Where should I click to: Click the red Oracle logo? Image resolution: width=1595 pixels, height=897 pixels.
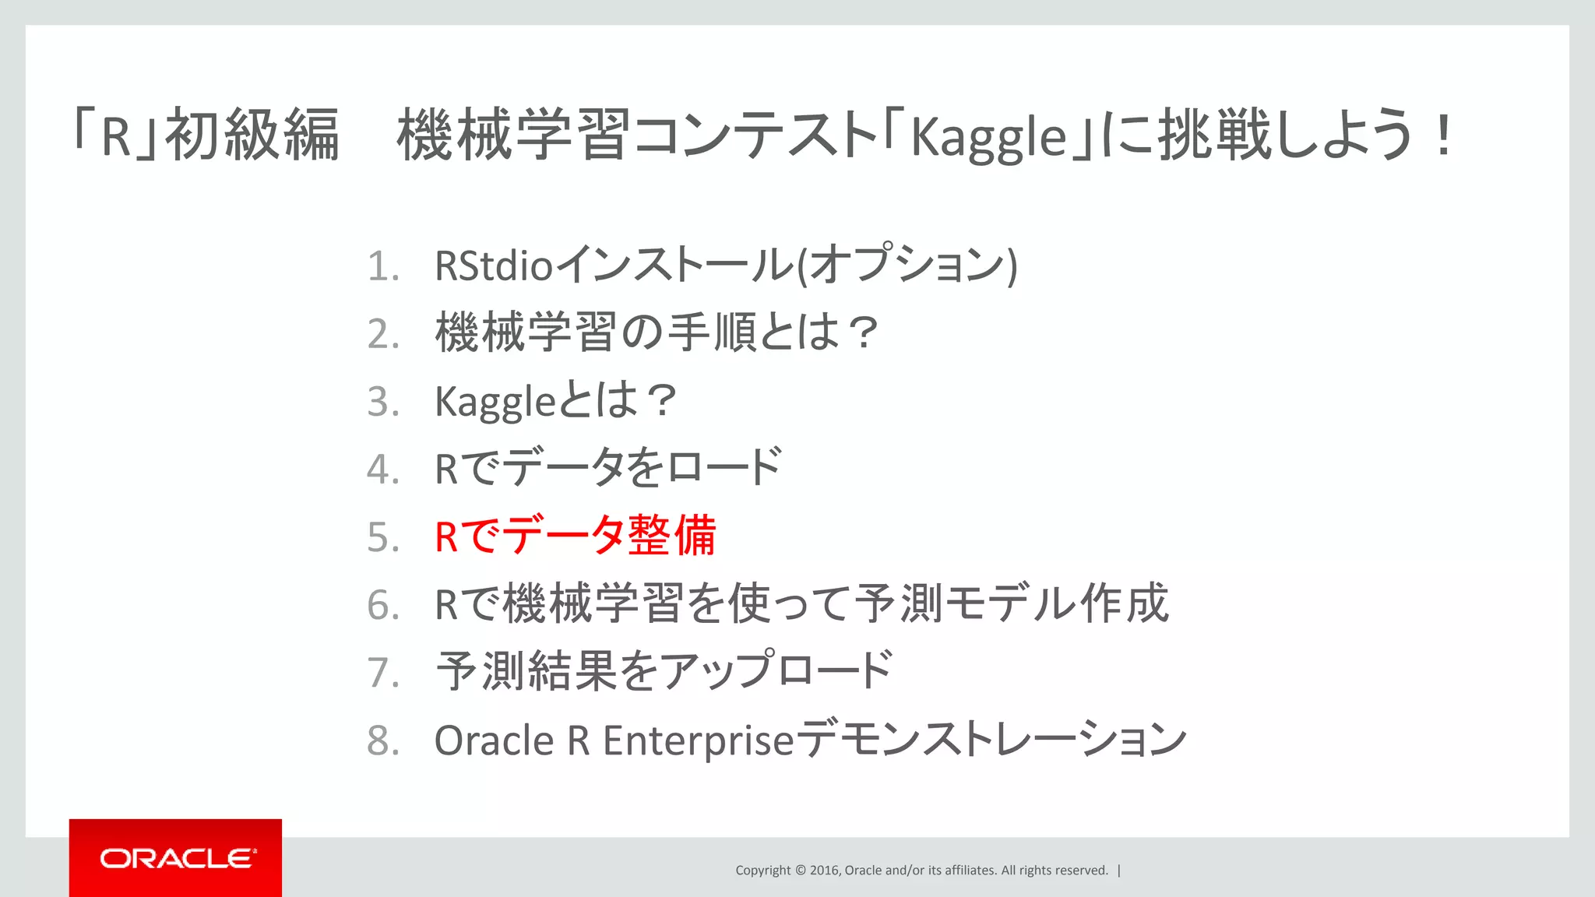[175, 858]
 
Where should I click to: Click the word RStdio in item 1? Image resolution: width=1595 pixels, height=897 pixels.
[494, 266]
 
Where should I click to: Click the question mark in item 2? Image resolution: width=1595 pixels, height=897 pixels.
[862, 333]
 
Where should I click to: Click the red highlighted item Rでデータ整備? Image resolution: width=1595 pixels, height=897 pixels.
[575, 536]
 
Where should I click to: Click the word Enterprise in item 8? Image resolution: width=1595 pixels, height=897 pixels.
[698, 740]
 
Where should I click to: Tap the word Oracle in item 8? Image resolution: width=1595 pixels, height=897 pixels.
[494, 740]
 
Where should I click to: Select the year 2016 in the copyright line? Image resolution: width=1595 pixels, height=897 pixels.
[824, 871]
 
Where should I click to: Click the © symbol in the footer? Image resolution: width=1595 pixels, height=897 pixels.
[800, 871]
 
